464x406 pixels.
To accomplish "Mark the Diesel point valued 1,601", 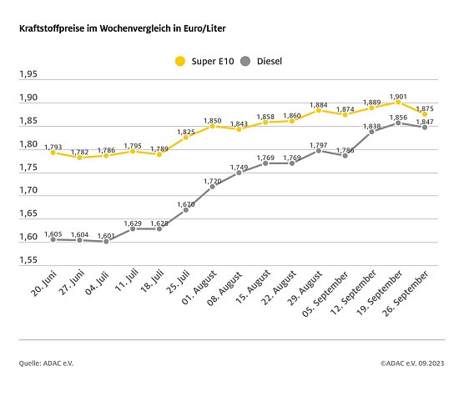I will pyautogui.click(x=105, y=241).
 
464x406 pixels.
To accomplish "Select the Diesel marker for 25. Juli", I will pyautogui.click(x=185, y=209).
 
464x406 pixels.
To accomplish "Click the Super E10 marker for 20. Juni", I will pyautogui.click(x=53, y=153).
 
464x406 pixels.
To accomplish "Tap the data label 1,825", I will pyautogui.click(x=185, y=132).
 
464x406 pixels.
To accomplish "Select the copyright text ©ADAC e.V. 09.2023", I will pyautogui.click(x=412, y=363).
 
